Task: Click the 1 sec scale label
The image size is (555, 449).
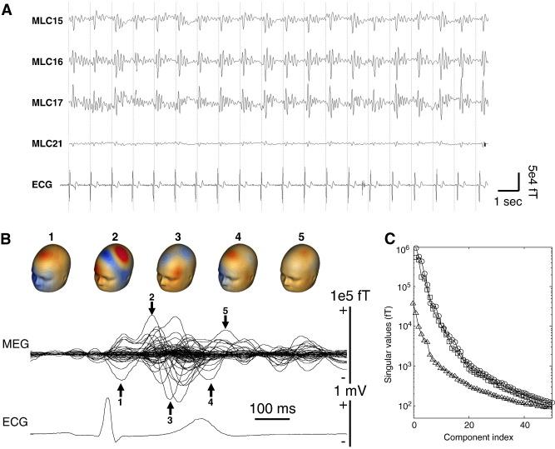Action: coord(508,202)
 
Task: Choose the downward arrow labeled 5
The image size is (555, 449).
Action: coord(225,322)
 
